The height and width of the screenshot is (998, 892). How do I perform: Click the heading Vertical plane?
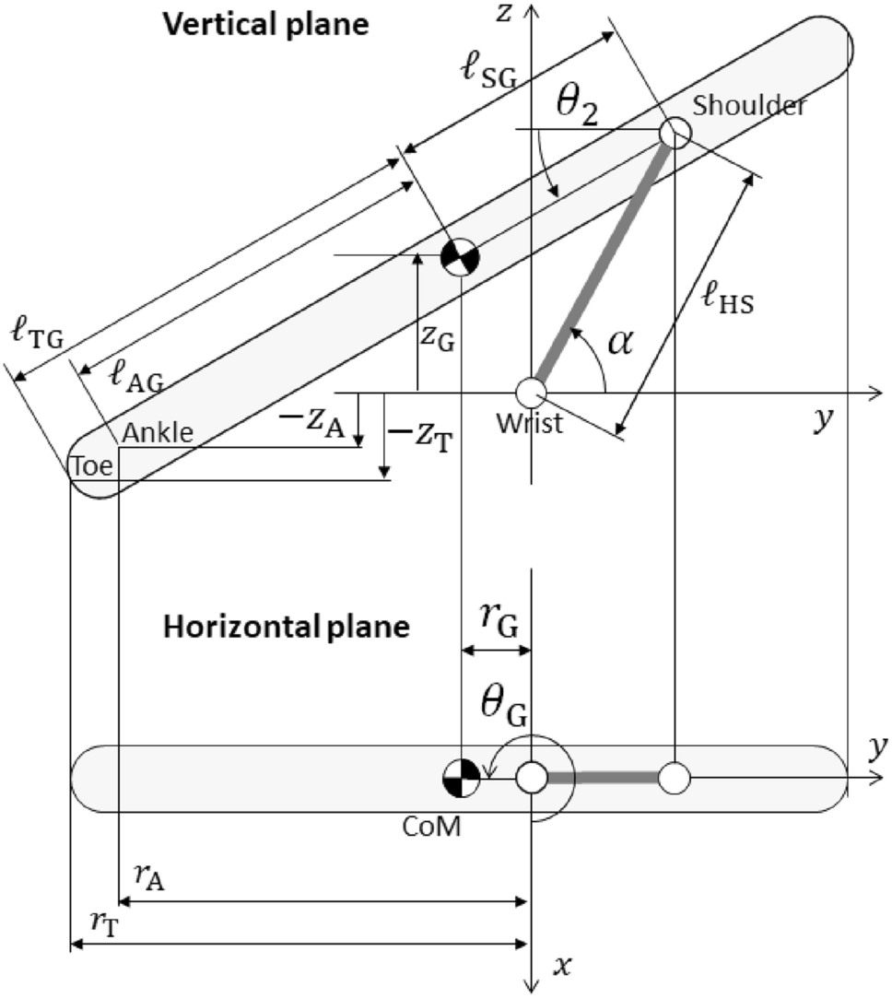[266, 24]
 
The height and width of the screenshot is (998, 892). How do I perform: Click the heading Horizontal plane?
[286, 628]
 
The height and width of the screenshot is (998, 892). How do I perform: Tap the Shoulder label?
[749, 106]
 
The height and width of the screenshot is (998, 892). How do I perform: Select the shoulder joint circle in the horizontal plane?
[675, 778]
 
